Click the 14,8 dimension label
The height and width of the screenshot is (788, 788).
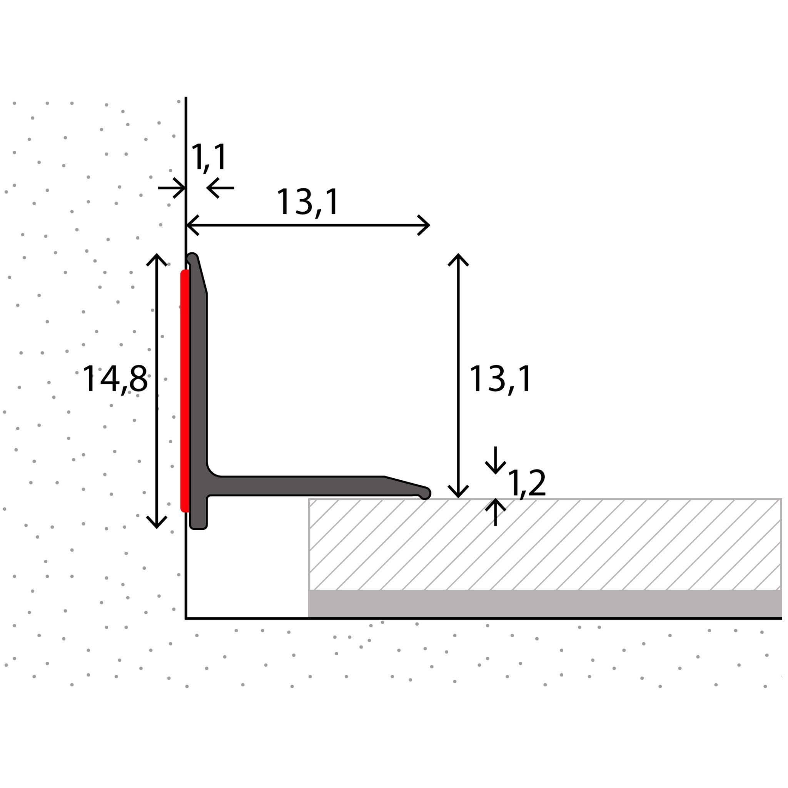[x=115, y=379]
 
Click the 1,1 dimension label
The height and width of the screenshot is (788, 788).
[x=209, y=157]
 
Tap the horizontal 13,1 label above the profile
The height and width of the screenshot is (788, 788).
[x=308, y=202]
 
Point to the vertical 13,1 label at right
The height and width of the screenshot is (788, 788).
[x=501, y=379]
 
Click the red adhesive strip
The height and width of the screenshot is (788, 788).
[x=185, y=391]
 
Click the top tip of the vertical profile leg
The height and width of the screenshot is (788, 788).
[x=192, y=258]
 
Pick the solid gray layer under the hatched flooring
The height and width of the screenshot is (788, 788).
[x=544, y=604]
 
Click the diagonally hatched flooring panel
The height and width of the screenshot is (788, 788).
[x=544, y=544]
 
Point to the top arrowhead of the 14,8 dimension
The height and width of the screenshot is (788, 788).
[x=157, y=258]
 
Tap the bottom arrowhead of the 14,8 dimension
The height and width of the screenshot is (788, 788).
[x=157, y=524]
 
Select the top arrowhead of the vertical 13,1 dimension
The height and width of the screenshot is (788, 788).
[x=458, y=258]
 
